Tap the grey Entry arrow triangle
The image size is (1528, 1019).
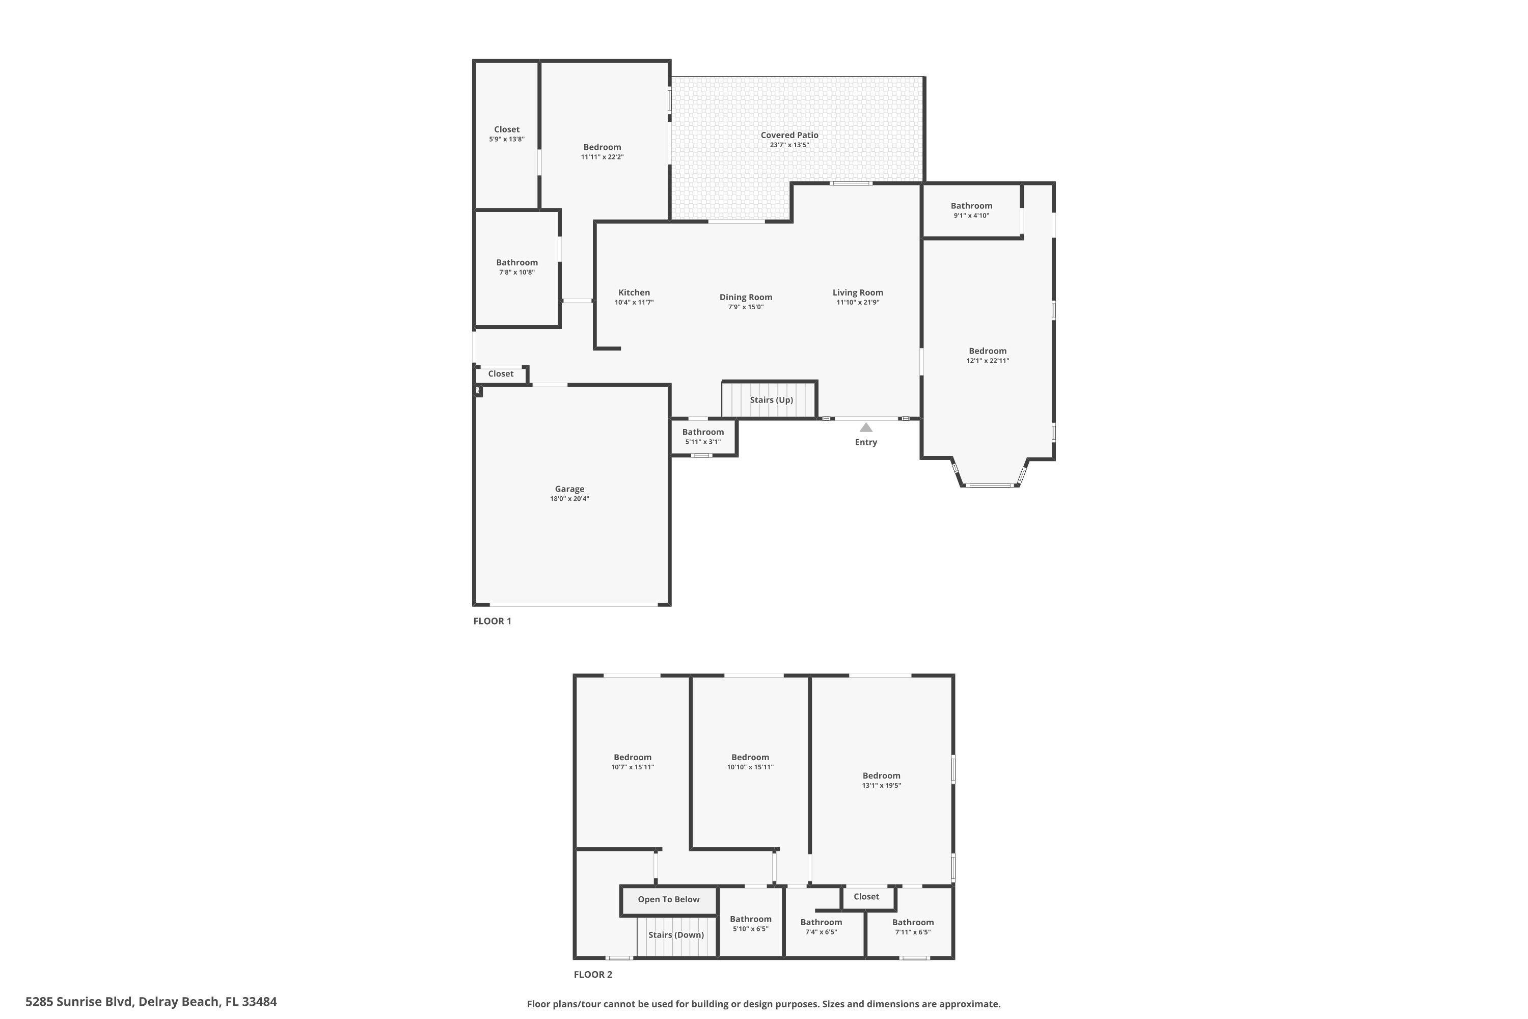(865, 427)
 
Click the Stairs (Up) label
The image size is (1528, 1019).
(771, 399)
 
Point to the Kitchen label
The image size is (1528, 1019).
(634, 292)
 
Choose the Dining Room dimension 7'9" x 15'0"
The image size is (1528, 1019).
(745, 307)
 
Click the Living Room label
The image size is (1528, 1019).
(858, 292)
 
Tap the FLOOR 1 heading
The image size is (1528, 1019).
(492, 621)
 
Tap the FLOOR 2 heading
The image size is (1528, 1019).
(592, 974)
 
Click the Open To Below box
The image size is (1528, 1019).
(668, 899)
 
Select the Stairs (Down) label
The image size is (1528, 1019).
(676, 934)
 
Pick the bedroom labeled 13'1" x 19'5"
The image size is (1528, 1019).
(881, 780)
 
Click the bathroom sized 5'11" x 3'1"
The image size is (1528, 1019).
(702, 437)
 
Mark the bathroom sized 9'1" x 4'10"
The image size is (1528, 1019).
(971, 210)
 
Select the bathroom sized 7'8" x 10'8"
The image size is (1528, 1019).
(516, 267)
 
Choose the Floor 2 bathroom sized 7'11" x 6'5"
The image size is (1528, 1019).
(912, 927)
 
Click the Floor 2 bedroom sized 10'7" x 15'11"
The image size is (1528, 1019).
(632, 762)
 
